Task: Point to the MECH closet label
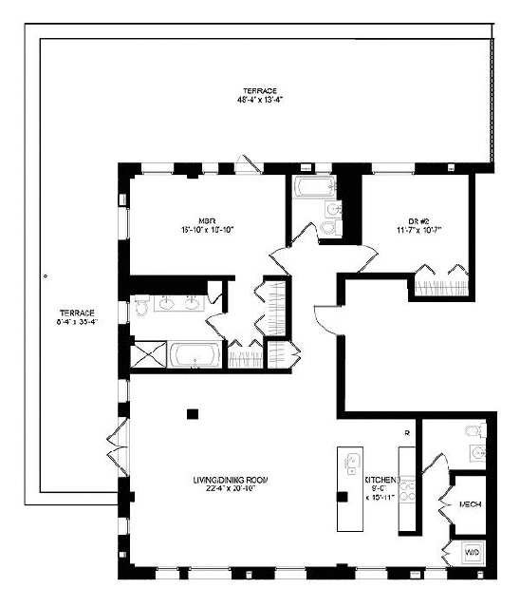pos(469,504)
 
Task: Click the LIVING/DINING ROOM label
pos(224,481)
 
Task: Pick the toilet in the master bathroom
pos(142,304)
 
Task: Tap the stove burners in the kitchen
pos(407,489)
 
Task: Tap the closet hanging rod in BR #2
pos(441,282)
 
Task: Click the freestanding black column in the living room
pos(193,413)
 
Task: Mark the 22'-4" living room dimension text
pos(224,491)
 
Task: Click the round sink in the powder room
pos(479,452)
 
